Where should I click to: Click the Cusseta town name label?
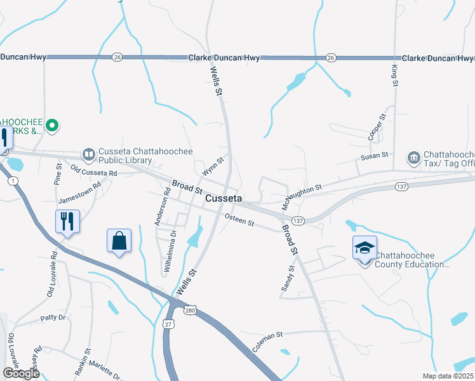click(224, 199)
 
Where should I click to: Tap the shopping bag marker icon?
click(119, 241)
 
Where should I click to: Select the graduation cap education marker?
click(365, 248)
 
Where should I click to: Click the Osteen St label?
click(239, 222)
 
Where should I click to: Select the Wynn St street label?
click(213, 167)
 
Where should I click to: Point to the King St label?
click(394, 74)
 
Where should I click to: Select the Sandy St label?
click(288, 279)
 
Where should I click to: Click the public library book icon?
click(88, 154)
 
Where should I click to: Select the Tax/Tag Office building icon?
click(413, 157)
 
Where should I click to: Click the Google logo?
click(20, 373)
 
